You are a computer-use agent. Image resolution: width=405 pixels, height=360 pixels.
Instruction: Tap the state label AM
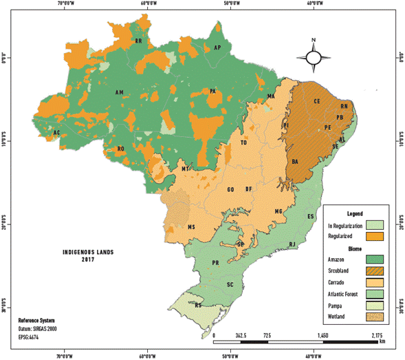coord(120,92)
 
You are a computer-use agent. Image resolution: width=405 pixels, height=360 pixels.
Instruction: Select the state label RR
coord(139,41)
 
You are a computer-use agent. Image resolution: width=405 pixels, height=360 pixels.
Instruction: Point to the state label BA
coord(296,162)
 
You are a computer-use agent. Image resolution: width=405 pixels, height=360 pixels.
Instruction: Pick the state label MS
coord(192,226)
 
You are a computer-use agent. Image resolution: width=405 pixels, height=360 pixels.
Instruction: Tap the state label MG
coord(279,211)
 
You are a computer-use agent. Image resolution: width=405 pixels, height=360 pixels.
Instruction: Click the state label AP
coord(218,47)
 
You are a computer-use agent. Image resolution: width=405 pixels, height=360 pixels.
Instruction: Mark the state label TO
coord(243,143)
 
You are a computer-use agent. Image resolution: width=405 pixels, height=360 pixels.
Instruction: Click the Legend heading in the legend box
coord(355,213)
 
